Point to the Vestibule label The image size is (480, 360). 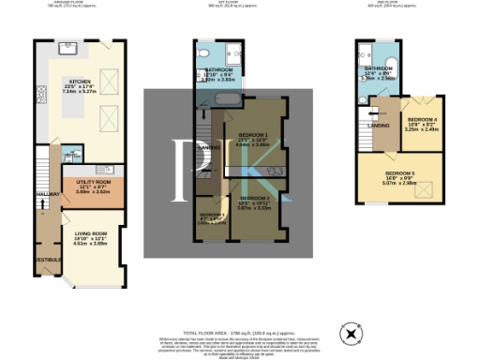(48, 258)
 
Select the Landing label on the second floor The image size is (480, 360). (380, 125)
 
